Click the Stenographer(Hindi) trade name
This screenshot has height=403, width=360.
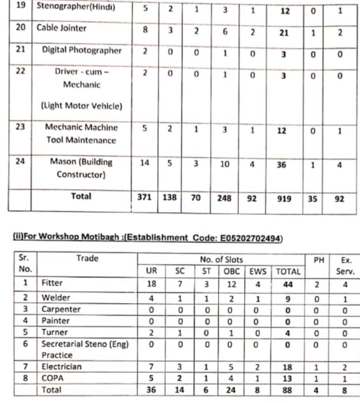[76, 8]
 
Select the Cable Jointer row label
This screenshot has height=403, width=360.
[62, 28]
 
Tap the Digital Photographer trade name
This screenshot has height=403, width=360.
[82, 50]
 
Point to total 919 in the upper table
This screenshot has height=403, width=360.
[284, 198]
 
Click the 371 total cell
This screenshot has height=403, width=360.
[144, 198]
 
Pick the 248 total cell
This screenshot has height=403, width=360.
[224, 198]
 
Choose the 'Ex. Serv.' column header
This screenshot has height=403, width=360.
[346, 265]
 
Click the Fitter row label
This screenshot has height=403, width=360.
[52, 283]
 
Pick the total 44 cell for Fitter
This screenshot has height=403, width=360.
[288, 283]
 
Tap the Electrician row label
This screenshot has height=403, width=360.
[61, 367]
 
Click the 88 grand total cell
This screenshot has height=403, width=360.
[288, 389]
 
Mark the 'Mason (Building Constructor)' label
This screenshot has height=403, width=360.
[82, 168]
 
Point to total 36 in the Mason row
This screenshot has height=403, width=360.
[281, 164]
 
